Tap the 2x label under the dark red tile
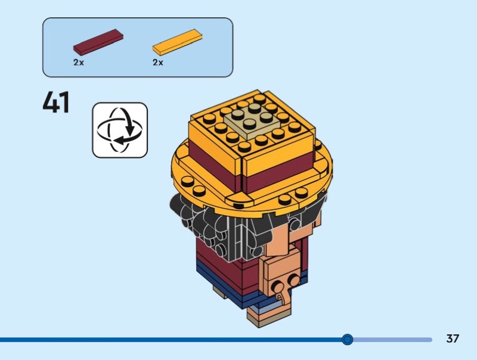pos(79,63)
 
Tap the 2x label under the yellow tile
pos(158,63)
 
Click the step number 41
pos(56,103)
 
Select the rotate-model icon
pos(119,130)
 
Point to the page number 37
pos(453,339)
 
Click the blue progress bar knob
pos(348,340)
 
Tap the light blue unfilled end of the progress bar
pos(394,340)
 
